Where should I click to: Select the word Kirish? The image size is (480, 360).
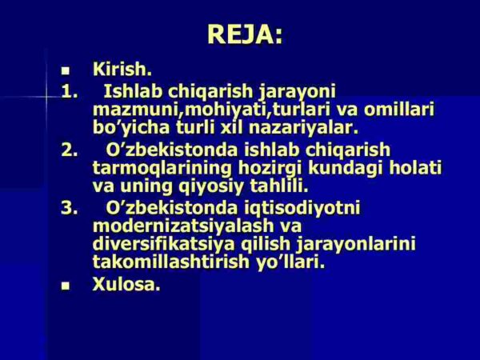122,70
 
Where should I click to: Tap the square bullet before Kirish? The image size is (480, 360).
66,71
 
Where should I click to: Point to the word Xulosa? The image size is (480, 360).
126,283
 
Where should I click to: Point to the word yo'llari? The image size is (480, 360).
293,262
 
